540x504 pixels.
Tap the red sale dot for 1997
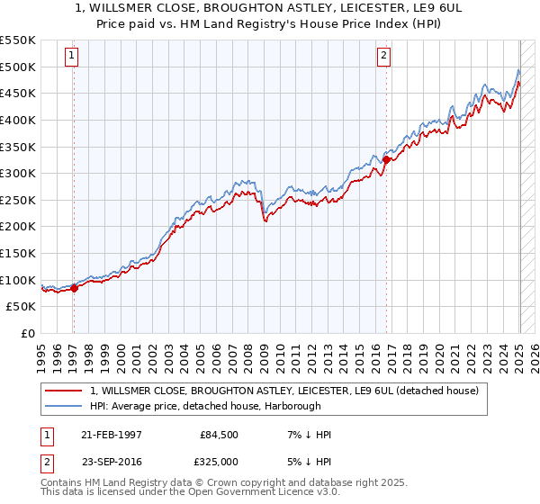pyautogui.click(x=75, y=288)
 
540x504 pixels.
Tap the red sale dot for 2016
pyautogui.click(x=386, y=160)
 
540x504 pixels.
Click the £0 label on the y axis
pyautogui.click(x=28, y=333)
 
